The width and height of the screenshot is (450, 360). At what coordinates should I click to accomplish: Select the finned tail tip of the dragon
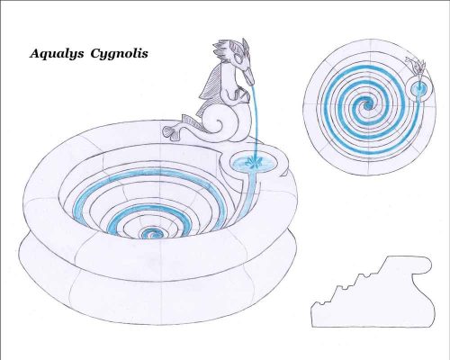pos(173,132)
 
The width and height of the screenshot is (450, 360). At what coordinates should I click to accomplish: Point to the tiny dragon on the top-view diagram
pos(417,67)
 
